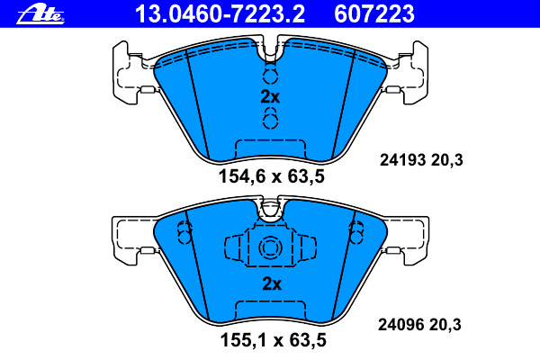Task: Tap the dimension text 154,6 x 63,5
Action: click(271, 176)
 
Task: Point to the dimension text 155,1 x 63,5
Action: click(271, 341)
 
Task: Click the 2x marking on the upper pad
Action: click(270, 96)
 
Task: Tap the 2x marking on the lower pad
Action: click(270, 283)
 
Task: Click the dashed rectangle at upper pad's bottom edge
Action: click(270, 150)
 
